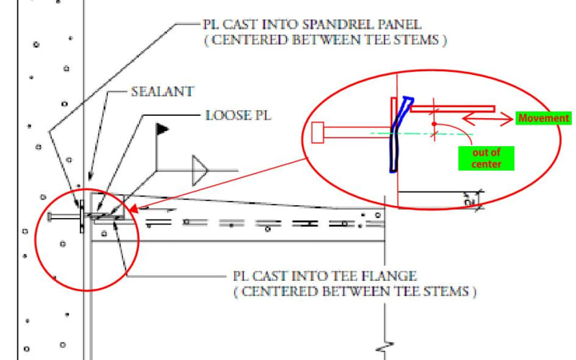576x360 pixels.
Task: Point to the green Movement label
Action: (x=544, y=118)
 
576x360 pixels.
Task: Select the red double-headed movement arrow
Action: (x=487, y=118)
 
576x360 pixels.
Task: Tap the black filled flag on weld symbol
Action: (x=163, y=130)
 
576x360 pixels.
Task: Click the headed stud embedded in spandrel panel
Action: (x=63, y=216)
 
